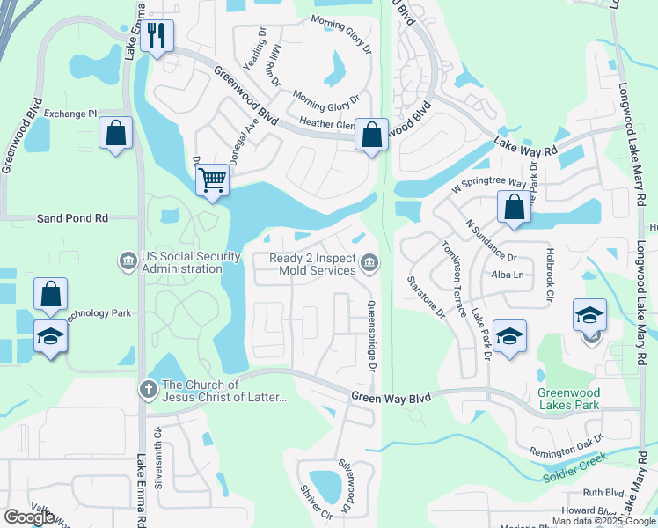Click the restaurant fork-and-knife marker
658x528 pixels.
click(x=157, y=36)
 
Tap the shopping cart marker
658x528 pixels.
click(x=211, y=181)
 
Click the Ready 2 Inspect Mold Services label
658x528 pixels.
click(x=313, y=264)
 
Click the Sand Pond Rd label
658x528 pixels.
click(x=72, y=217)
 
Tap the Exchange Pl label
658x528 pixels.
click(x=70, y=114)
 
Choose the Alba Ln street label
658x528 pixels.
click(x=508, y=275)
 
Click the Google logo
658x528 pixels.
click(x=29, y=517)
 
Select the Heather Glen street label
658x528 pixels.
click(x=327, y=125)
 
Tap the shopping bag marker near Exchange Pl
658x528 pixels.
click(x=115, y=135)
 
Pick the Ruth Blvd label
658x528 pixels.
click(x=603, y=493)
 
